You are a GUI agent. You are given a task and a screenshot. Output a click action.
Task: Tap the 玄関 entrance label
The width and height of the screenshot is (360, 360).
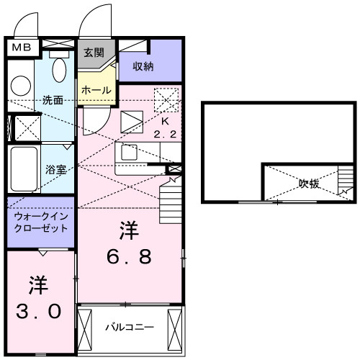pyautogui.click(x=93, y=53)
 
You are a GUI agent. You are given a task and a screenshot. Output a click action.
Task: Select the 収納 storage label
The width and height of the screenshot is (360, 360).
pyautogui.click(x=143, y=66)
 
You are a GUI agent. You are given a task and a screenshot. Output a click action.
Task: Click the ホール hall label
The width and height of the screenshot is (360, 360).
pyautogui.click(x=96, y=90)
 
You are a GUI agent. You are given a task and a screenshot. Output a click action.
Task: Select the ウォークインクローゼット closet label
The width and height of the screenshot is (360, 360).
pyautogui.click(x=41, y=221)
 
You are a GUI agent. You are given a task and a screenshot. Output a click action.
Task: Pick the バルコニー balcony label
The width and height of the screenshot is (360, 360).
pyautogui.click(x=130, y=328)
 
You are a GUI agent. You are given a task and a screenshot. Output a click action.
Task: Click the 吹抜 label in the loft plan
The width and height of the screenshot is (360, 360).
pyautogui.click(x=310, y=184)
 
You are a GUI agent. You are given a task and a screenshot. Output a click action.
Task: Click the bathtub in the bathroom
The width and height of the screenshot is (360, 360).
pyautogui.click(x=24, y=169)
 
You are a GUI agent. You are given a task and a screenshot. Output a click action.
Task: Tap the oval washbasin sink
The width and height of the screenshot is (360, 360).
pyautogui.click(x=60, y=71)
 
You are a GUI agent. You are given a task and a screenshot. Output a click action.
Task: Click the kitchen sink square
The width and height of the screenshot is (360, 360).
pyautogui.click(x=130, y=153)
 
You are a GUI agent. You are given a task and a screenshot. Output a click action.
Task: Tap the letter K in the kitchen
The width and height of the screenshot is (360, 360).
pyautogui.click(x=165, y=121)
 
